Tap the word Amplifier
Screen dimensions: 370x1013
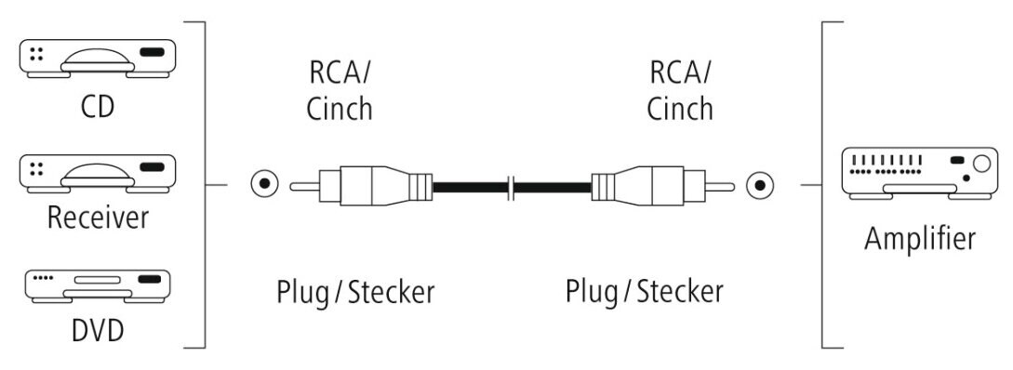(920, 238)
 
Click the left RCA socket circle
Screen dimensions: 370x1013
(266, 184)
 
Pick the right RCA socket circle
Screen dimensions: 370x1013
(761, 185)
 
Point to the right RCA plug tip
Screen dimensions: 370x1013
(722, 185)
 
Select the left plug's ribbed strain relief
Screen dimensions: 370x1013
(421, 185)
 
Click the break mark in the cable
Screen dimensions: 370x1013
(511, 185)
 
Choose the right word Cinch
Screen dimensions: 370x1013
(680, 108)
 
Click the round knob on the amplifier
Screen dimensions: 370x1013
(980, 166)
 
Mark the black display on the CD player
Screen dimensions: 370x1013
(151, 53)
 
